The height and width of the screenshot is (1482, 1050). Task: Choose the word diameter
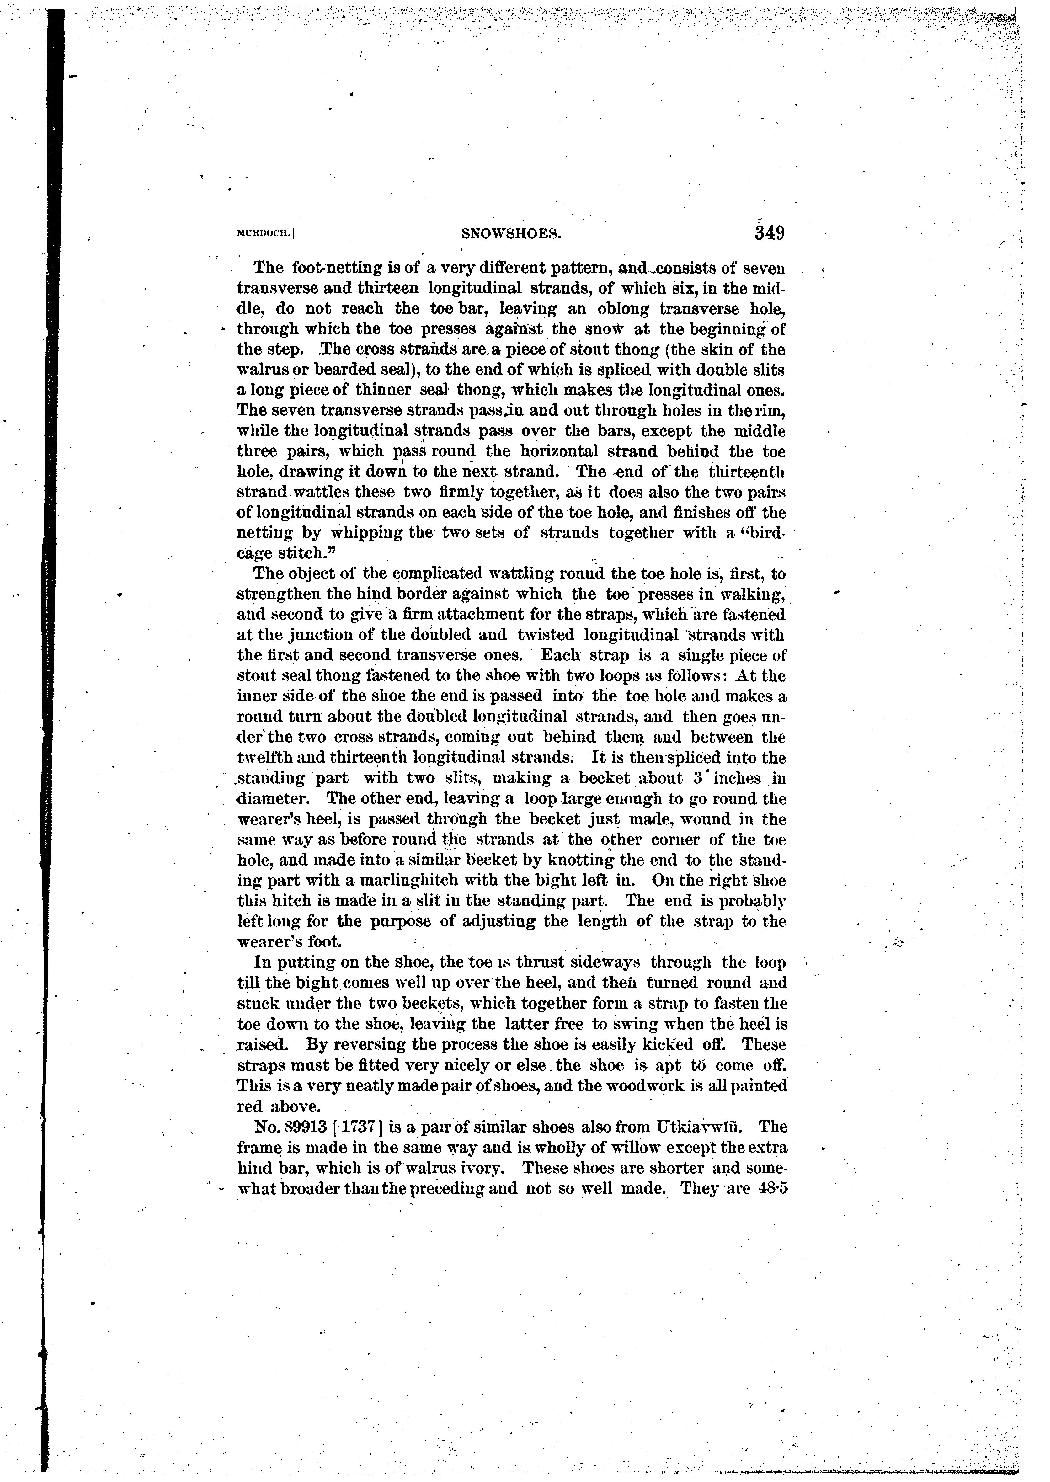point(277,798)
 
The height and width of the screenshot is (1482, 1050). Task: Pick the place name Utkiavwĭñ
point(697,1126)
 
